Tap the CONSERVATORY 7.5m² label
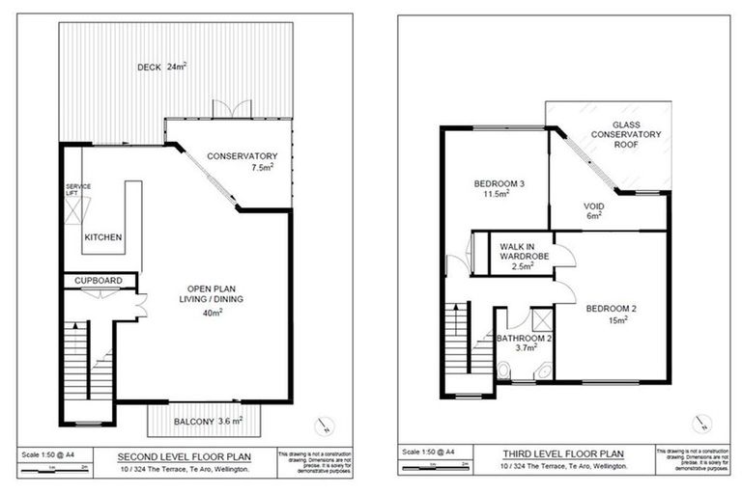(x=243, y=162)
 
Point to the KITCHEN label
(x=102, y=237)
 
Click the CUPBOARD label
(x=100, y=281)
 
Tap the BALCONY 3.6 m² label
(x=208, y=421)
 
